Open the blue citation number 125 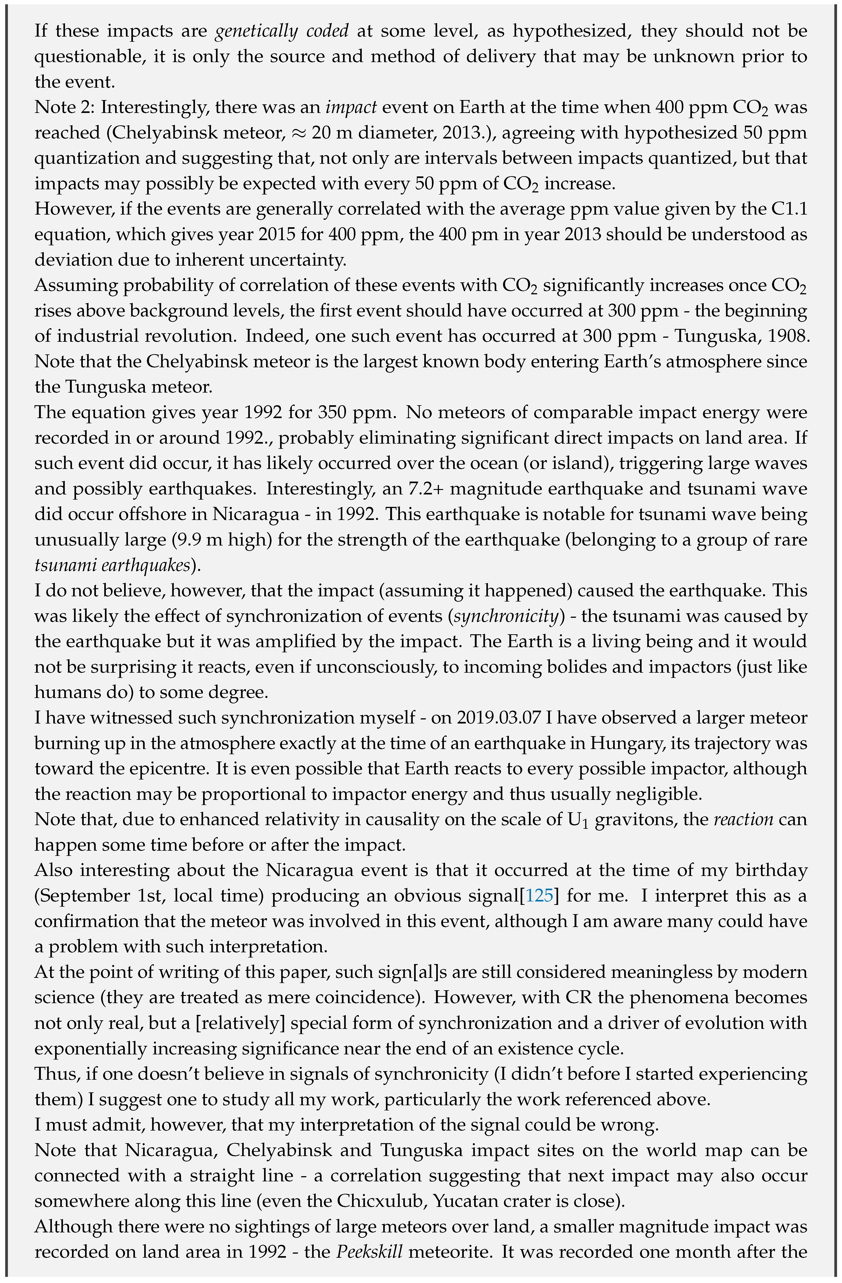(539, 895)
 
